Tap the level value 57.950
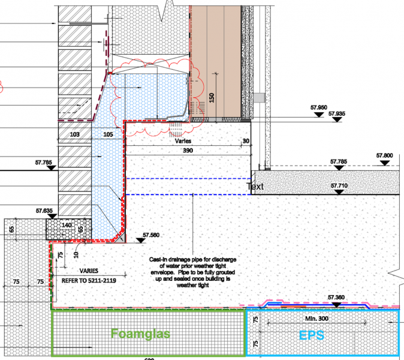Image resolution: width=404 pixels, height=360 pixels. (319, 107)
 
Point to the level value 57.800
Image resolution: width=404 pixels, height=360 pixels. (385, 155)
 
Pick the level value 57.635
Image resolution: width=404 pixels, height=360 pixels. (44, 211)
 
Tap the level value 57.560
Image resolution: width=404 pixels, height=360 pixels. (152, 236)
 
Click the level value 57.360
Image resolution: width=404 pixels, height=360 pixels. (337, 297)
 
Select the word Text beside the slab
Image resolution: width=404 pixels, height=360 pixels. (256, 187)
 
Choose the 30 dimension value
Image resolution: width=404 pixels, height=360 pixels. (246, 141)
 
